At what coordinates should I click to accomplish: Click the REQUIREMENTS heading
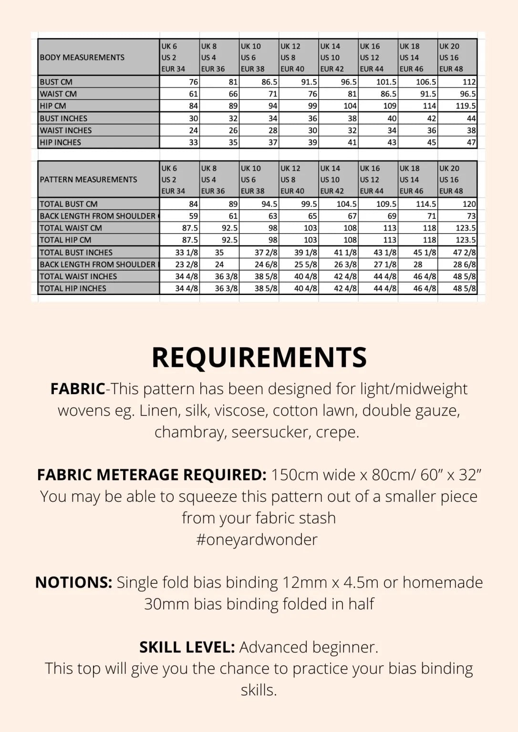(259, 357)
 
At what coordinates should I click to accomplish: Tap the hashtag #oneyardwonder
(257, 539)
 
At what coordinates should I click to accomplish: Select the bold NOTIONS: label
(73, 582)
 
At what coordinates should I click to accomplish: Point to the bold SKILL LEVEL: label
(187, 647)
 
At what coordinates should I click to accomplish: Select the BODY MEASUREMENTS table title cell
(82, 58)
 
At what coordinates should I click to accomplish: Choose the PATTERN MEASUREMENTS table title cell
(88, 180)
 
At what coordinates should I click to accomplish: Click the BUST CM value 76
(193, 82)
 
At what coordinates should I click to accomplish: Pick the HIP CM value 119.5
(466, 106)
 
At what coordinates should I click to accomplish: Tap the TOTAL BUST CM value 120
(469, 204)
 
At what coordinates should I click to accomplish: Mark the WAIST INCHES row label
(66, 131)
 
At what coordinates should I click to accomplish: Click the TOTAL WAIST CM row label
(71, 228)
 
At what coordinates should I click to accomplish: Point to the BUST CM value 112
(469, 82)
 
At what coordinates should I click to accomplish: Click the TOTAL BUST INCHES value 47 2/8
(464, 253)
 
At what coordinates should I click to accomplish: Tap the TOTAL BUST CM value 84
(193, 204)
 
